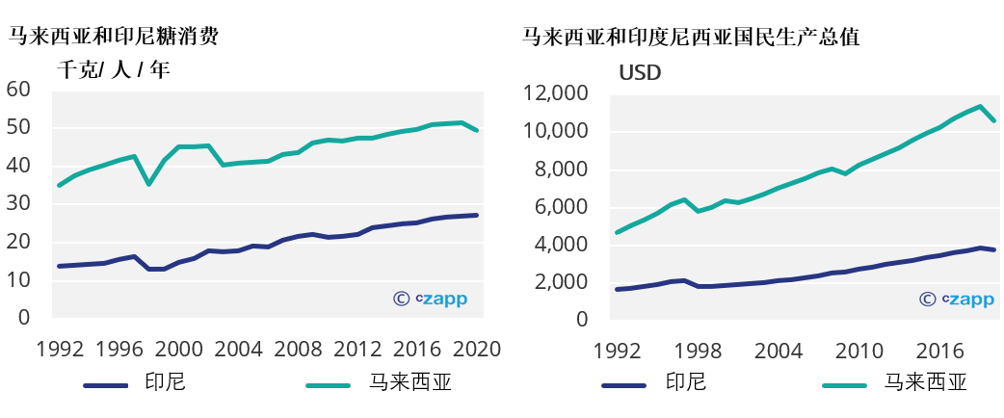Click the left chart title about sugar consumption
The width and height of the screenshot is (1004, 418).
[114, 38]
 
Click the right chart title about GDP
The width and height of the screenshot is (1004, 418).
[690, 38]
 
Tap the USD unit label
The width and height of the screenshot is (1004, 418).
[640, 72]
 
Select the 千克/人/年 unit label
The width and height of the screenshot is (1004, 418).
[113, 70]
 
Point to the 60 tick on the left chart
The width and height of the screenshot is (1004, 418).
[18, 90]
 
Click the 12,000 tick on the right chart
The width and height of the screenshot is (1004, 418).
[554, 93]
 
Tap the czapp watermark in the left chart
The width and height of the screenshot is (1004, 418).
[431, 299]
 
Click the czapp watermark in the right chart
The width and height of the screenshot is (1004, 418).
[957, 300]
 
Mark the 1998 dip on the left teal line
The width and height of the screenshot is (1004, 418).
[148, 184]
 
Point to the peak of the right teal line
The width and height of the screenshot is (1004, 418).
[980, 106]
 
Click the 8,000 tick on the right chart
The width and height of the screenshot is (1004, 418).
[559, 170]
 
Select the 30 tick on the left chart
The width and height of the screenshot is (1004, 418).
[18, 204]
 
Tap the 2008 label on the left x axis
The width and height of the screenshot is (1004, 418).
[298, 348]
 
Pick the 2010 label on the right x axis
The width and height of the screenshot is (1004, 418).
[859, 348]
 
